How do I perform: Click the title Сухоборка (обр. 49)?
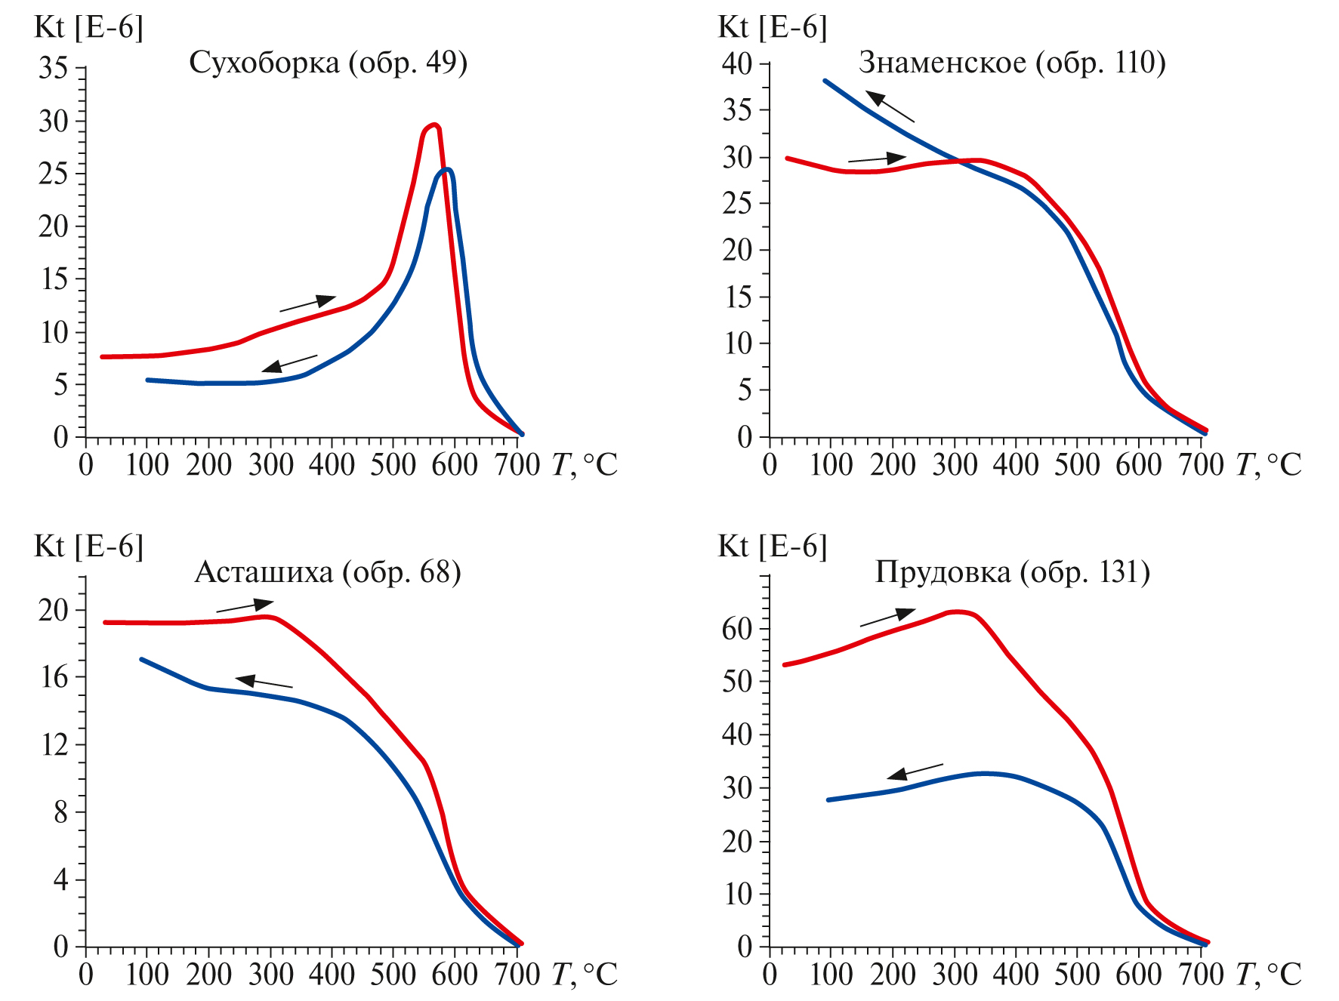(x=328, y=63)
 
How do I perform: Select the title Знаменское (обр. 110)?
(x=1012, y=63)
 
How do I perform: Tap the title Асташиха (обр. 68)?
(x=328, y=572)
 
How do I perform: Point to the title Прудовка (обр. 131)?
(x=1012, y=572)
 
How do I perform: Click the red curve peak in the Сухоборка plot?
(x=433, y=125)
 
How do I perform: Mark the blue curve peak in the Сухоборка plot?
(x=447, y=170)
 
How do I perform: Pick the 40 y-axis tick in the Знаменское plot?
(x=737, y=63)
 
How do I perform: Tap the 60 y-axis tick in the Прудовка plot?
(x=737, y=629)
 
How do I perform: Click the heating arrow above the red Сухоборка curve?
(x=307, y=303)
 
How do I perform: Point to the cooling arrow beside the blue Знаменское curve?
(x=890, y=106)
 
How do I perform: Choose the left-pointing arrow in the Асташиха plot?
(x=264, y=682)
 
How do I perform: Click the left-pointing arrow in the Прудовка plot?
(x=915, y=772)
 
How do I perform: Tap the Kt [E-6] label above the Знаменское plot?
(x=772, y=27)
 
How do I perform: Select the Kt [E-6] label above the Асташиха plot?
(x=88, y=546)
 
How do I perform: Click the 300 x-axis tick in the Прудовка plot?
(x=955, y=975)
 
